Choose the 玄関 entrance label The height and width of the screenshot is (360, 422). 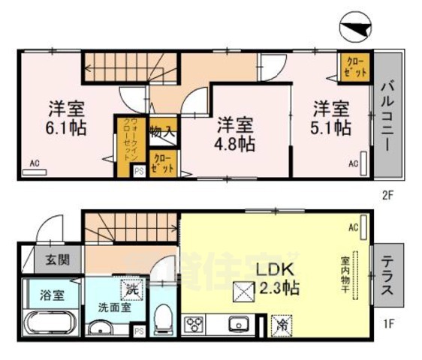[x=50, y=261]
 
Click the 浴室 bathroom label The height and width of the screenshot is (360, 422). [x=50, y=295]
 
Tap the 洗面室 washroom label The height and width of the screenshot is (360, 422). [x=107, y=307]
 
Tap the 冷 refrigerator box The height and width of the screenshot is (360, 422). [x=279, y=326]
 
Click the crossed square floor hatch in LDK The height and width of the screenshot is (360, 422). [x=242, y=288]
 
